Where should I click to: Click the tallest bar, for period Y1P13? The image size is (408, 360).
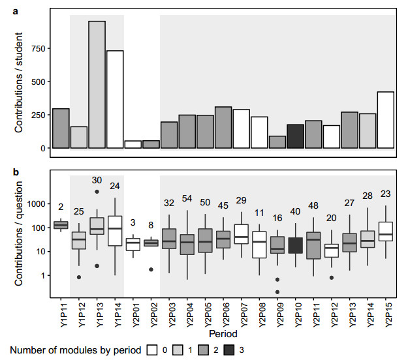(97, 85)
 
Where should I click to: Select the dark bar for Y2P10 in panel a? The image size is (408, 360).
(296, 136)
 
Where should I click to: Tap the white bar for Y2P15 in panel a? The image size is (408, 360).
(386, 120)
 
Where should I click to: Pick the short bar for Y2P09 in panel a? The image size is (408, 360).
(277, 142)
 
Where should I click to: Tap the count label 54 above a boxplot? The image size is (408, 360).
(187, 198)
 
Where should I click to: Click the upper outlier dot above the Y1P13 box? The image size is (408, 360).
(97, 192)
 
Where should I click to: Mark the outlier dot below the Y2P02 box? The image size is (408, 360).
(151, 269)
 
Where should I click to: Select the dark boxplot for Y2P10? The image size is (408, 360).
(296, 245)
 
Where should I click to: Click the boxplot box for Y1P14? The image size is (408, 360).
(115, 231)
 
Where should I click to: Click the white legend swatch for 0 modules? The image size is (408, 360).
(153, 350)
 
